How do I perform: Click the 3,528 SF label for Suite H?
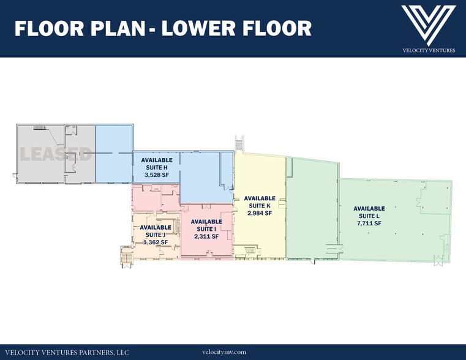tap(157, 175)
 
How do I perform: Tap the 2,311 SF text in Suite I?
tap(206, 236)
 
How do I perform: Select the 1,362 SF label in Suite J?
tap(156, 242)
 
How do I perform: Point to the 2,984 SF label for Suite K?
tap(260, 213)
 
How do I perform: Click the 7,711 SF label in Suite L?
tap(369, 223)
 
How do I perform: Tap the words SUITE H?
tap(157, 168)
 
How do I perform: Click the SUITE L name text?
tap(369, 216)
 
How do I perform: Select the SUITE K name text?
tap(260, 206)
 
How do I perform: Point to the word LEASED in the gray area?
tap(56, 154)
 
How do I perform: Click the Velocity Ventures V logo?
tap(429, 25)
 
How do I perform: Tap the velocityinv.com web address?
tap(224, 352)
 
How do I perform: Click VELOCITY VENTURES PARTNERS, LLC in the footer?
tap(67, 353)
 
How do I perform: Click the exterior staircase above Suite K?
tap(239, 143)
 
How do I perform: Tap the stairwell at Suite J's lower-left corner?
tap(126, 255)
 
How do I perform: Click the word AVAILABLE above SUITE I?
tap(206, 222)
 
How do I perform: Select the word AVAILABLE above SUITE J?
tap(156, 227)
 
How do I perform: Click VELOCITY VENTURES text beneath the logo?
tap(429, 50)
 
